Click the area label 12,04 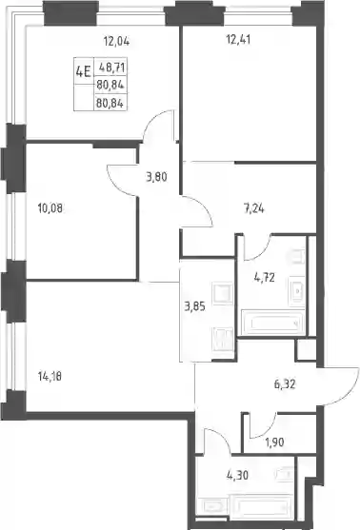tap(116, 42)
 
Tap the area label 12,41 tap(238, 40)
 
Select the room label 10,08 tap(50, 208)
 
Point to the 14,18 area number tap(50, 376)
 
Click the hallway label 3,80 tap(156, 177)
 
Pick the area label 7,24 tap(253, 209)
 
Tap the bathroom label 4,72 tap(264, 278)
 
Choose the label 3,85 tap(194, 307)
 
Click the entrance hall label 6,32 tap(285, 384)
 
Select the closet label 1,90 tap(274, 442)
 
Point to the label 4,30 tap(237, 475)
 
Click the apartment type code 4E tap(83, 71)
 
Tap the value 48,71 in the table tap(111, 68)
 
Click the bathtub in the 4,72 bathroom tap(272, 323)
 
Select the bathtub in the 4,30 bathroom tap(261, 506)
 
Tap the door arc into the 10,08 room tap(117, 186)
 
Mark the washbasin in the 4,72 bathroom tap(297, 290)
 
